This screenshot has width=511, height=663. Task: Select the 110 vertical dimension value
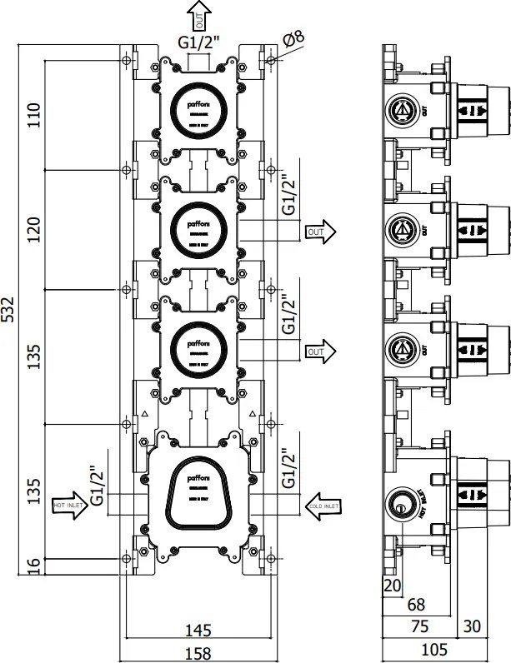tap(33, 114)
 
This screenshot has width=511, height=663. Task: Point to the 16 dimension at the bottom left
tap(33, 566)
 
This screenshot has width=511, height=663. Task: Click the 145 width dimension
tap(198, 629)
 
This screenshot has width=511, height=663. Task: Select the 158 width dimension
tap(198, 653)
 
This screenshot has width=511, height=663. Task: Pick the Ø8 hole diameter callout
tap(294, 37)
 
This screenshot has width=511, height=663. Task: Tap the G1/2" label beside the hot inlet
tap(98, 487)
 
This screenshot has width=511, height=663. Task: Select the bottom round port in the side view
tap(403, 505)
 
